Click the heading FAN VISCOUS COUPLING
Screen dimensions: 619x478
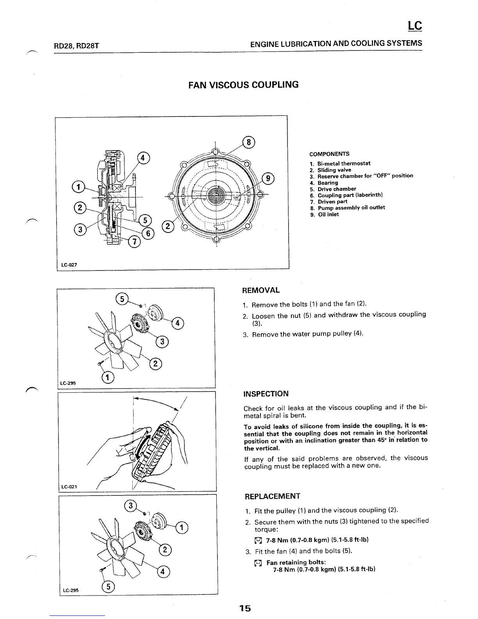[x=243, y=85]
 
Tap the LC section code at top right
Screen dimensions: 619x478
[x=415, y=26]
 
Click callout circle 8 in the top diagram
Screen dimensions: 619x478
[x=248, y=141]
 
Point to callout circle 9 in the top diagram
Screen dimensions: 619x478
[x=268, y=179]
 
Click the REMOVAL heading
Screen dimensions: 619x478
[x=261, y=290]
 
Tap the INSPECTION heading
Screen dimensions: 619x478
[x=266, y=394]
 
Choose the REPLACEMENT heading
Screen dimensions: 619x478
[x=272, y=496]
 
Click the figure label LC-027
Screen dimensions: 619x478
[x=69, y=265]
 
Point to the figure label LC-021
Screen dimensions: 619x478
[x=70, y=487]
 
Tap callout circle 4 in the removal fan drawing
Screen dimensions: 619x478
[x=178, y=323]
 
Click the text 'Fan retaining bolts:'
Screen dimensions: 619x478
[x=296, y=562]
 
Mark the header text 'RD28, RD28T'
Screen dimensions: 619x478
[x=76, y=46]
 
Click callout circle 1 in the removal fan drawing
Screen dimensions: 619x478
[x=108, y=377]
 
